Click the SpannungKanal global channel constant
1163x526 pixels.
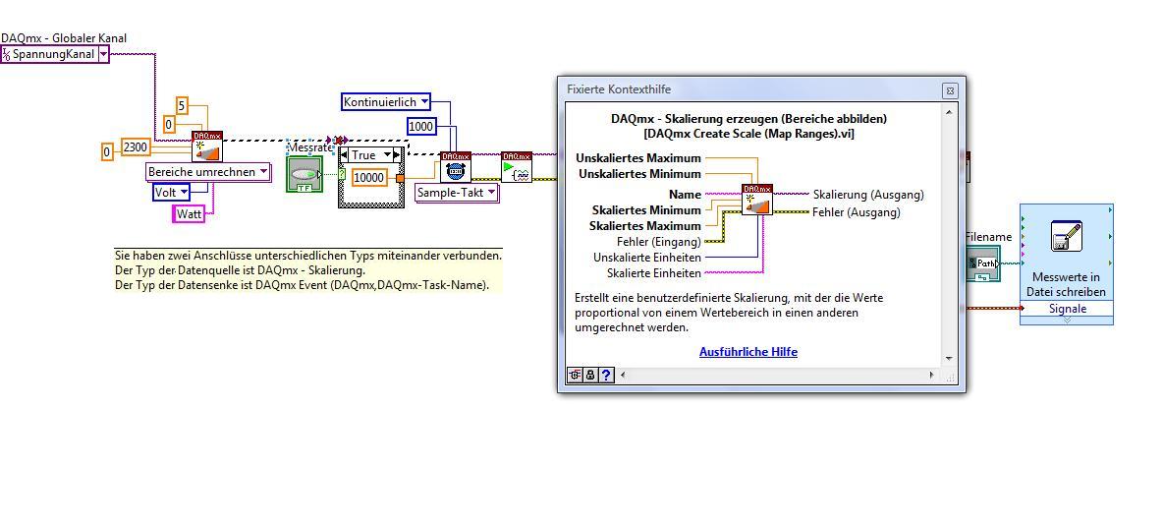pyautogui.click(x=55, y=54)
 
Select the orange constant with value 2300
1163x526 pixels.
pyautogui.click(x=136, y=147)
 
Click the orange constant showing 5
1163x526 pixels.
pyautogui.click(x=182, y=105)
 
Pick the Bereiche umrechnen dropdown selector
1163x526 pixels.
pyautogui.click(x=208, y=172)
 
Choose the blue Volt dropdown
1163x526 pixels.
pyautogui.click(x=171, y=192)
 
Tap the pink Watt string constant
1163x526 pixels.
pyautogui.click(x=189, y=213)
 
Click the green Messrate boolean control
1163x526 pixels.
pyautogui.click(x=305, y=174)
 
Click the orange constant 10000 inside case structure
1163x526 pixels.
pyautogui.click(x=368, y=178)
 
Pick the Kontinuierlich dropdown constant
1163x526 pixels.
pyautogui.click(x=386, y=101)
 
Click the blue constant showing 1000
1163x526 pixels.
pyautogui.click(x=420, y=126)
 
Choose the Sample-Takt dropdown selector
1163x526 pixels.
pyautogui.click(x=457, y=193)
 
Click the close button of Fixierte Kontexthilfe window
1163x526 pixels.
pyautogui.click(x=950, y=90)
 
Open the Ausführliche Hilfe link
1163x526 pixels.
pyautogui.click(x=748, y=352)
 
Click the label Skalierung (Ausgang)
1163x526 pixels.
pyautogui.click(x=868, y=195)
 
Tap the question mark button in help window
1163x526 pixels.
pyautogui.click(x=606, y=376)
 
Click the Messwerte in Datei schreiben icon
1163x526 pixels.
pyautogui.click(x=1066, y=237)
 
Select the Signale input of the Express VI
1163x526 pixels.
pyautogui.click(x=1068, y=309)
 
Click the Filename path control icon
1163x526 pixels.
pyautogui.click(x=983, y=264)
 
